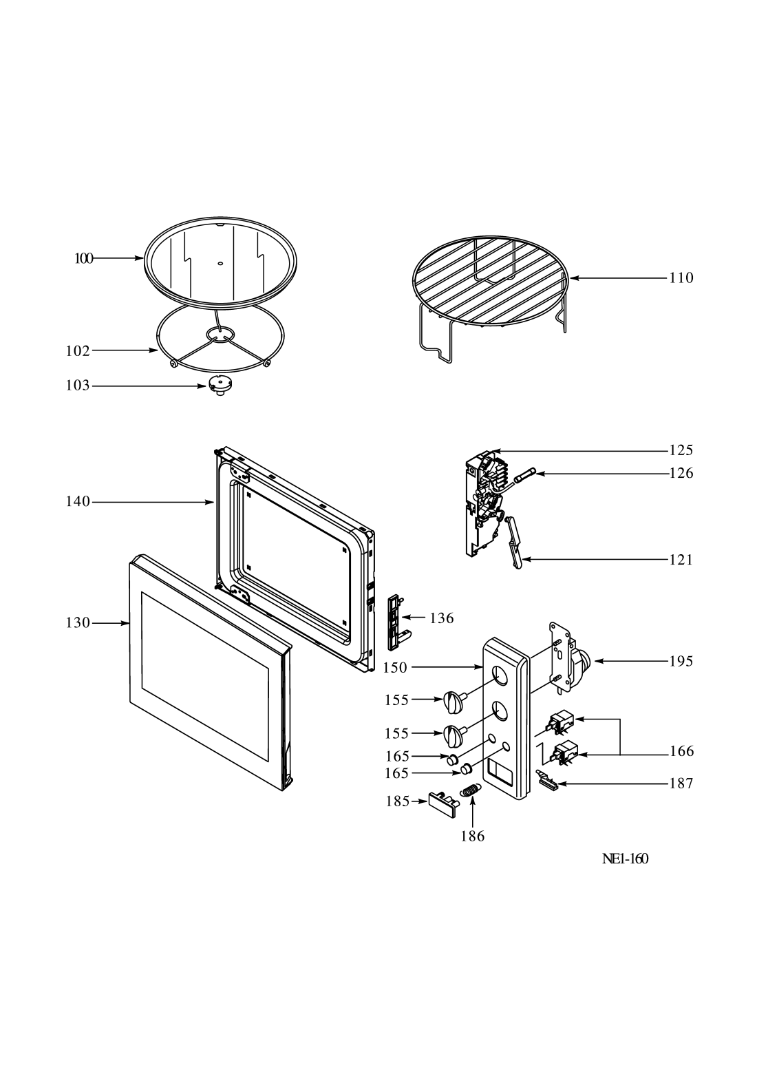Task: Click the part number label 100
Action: [84, 259]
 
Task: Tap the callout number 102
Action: [78, 351]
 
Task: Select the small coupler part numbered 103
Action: [220, 385]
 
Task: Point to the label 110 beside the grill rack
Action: [681, 277]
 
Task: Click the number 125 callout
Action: [681, 450]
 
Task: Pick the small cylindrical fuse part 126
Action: [525, 476]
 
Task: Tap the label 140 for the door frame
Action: [78, 501]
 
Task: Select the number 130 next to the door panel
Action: [78, 623]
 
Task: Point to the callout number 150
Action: [395, 668]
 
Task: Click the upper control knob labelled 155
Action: [454, 702]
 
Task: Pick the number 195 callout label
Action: [681, 662]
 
